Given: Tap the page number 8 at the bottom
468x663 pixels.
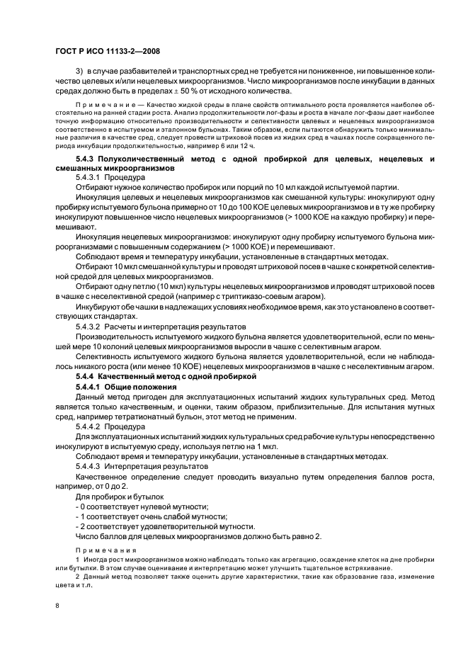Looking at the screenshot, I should (58, 605).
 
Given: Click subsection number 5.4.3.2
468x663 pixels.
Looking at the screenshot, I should (88, 327).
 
